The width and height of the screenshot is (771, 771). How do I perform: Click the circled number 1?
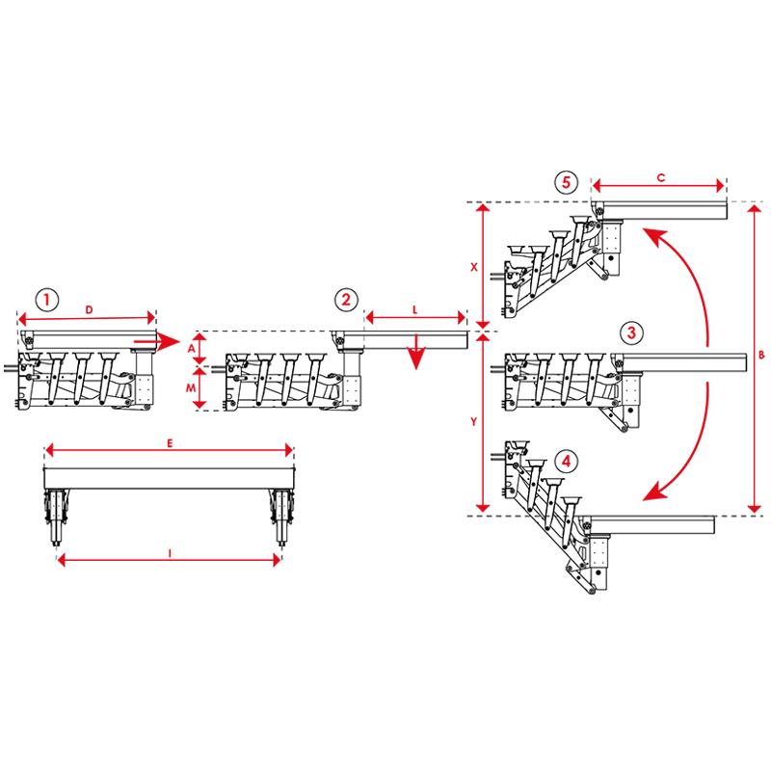click(48, 298)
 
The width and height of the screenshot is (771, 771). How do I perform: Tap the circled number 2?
click(346, 298)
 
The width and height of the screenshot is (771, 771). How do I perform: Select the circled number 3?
click(629, 333)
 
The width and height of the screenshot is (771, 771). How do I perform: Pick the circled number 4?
click(569, 462)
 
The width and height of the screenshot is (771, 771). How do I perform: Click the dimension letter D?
click(89, 308)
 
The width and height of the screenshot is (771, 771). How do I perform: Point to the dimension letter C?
click(659, 176)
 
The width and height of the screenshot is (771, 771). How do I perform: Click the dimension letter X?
click(473, 269)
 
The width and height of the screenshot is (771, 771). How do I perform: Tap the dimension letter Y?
click(473, 421)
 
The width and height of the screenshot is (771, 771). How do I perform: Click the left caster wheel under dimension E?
click(55, 516)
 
